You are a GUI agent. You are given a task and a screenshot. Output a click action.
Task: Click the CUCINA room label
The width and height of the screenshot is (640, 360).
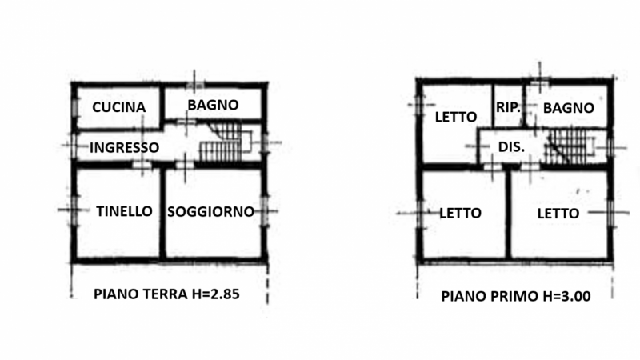[x=118, y=107]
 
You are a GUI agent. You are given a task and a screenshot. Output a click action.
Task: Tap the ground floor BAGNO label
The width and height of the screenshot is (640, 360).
[x=213, y=105]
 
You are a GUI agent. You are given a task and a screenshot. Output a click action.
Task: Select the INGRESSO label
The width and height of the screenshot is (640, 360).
[x=124, y=148]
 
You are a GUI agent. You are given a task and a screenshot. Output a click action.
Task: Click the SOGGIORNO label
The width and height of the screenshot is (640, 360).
[x=210, y=212]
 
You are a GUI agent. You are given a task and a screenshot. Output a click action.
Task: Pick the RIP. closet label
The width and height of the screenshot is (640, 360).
[x=508, y=107]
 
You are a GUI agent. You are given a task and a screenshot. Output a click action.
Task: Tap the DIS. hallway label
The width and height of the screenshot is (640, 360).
[x=511, y=147]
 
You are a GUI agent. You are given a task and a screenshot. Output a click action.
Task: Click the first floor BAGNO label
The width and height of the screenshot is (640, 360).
[x=569, y=108]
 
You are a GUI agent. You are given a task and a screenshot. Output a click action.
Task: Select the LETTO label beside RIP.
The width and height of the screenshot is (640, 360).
[x=456, y=117]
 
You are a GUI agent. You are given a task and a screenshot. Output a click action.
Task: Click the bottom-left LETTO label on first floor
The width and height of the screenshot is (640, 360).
[x=461, y=213]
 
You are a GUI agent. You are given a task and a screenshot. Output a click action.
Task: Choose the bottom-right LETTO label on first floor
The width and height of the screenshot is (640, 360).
[x=558, y=214]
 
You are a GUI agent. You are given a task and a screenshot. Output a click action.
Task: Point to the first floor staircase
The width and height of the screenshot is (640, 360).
[x=570, y=147]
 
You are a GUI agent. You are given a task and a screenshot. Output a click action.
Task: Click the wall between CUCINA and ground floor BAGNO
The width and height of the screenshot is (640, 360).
[x=162, y=106]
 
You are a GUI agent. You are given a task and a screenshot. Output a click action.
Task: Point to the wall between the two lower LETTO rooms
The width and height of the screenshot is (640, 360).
[x=508, y=214]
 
